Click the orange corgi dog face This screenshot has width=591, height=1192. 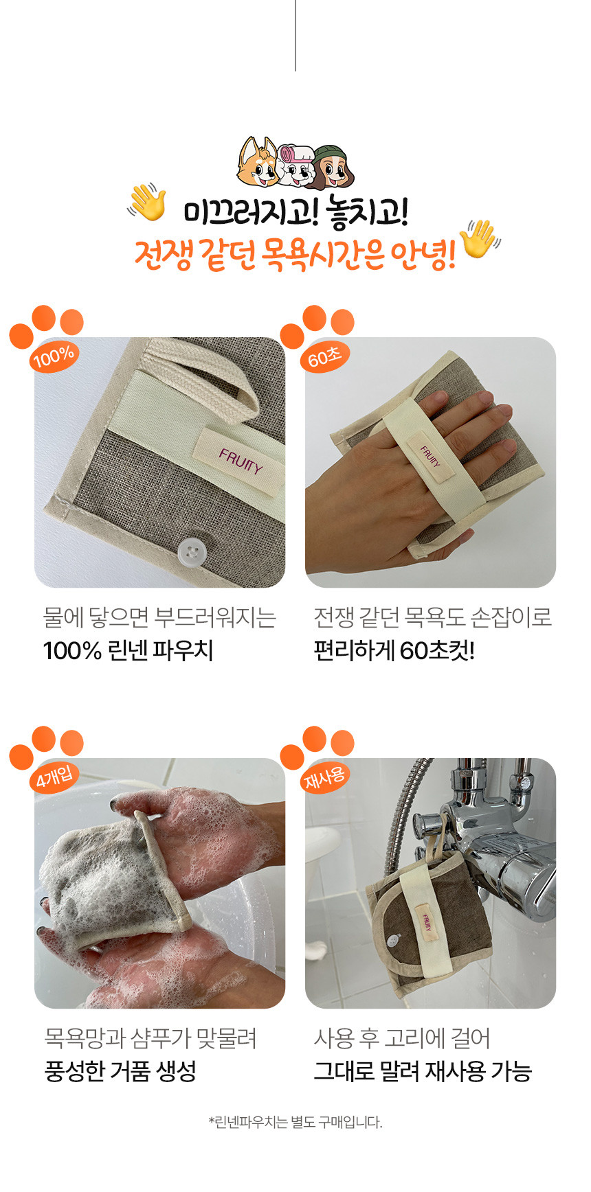[x=258, y=162]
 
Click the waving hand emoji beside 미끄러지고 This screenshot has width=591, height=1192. [x=147, y=202]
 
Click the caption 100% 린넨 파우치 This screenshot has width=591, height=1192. [x=128, y=650]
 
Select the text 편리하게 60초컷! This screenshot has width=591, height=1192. [x=394, y=650]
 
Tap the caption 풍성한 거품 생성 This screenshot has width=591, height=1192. [x=120, y=1070]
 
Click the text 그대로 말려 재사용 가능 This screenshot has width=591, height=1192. [x=423, y=1070]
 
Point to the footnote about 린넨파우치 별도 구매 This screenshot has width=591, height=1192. [x=295, y=1122]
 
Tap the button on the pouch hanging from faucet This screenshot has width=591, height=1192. [x=394, y=938]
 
